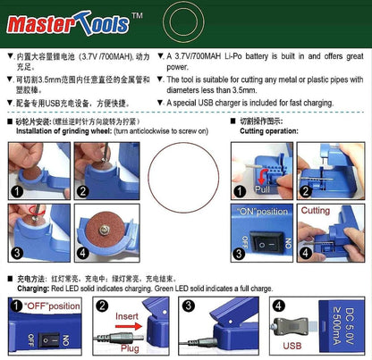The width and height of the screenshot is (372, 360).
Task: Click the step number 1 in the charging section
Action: click(14, 306)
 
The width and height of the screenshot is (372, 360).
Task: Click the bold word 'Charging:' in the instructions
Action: click(36, 289)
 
